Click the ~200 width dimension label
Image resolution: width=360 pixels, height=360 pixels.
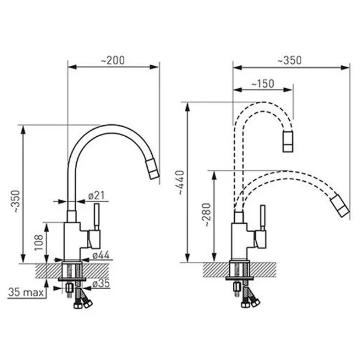[113, 61]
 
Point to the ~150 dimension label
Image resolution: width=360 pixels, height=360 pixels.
[263, 84]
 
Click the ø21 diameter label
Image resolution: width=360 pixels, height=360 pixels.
[97, 196]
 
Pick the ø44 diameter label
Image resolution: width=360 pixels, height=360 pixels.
[101, 255]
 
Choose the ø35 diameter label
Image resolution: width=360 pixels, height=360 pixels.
[101, 284]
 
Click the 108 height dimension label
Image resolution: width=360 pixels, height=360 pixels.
[38, 242]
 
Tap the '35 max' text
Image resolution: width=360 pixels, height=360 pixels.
[26, 293]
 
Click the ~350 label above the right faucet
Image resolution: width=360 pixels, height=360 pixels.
[289, 61]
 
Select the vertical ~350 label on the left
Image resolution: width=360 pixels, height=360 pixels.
[16, 202]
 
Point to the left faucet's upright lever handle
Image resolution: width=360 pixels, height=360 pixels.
[97, 217]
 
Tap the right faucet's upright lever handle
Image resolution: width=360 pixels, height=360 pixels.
[263, 218]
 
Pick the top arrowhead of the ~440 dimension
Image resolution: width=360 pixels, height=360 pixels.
[188, 107]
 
